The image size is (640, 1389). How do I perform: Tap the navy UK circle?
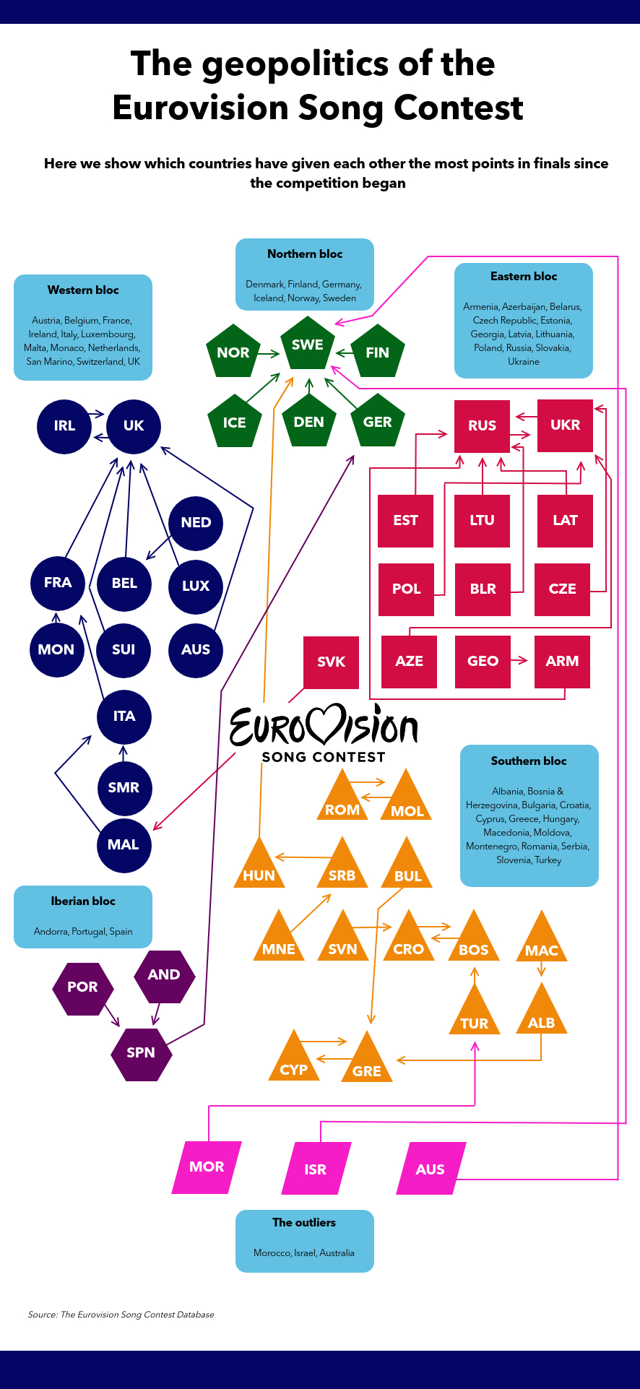click(134, 425)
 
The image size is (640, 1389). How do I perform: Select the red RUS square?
click(482, 426)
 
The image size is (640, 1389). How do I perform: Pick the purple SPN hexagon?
click(141, 1052)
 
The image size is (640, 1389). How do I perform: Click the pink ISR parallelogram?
click(316, 1168)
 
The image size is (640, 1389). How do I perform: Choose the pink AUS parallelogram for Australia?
click(431, 1168)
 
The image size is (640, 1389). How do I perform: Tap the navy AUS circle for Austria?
click(195, 650)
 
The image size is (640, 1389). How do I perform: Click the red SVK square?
click(331, 662)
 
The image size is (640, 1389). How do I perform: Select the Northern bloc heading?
click(305, 254)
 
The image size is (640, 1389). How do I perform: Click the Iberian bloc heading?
click(83, 901)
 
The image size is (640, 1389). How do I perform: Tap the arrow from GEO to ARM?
click(519, 660)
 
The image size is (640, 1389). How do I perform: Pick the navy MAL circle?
click(124, 845)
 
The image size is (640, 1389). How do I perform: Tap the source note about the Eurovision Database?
click(121, 1314)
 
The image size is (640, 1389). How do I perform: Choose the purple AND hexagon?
click(165, 975)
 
